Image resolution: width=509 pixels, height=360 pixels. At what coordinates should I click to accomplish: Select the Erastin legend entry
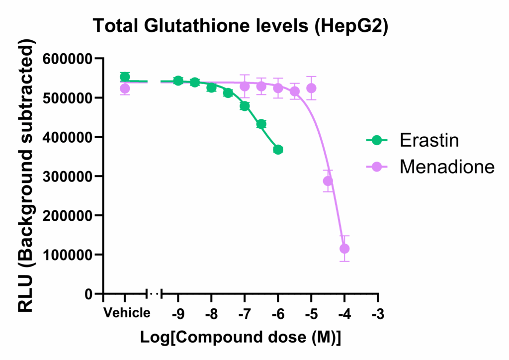[x=429, y=141]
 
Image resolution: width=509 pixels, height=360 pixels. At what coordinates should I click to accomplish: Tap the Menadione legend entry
[x=447, y=167]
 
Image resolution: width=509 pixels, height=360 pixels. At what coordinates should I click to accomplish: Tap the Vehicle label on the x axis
[x=126, y=313]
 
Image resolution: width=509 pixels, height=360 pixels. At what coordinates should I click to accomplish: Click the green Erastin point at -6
[x=278, y=150]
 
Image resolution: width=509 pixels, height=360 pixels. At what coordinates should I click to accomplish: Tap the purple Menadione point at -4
[x=344, y=249]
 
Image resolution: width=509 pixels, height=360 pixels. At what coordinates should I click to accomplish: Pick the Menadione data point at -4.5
[x=328, y=181]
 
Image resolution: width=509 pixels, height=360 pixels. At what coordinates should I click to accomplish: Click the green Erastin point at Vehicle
[x=125, y=77]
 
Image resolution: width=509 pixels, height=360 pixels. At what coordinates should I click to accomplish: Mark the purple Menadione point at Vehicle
[x=125, y=89]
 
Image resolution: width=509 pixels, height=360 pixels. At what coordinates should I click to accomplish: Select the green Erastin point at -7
[x=245, y=106]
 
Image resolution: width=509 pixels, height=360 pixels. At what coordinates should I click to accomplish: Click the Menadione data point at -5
[x=311, y=88]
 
